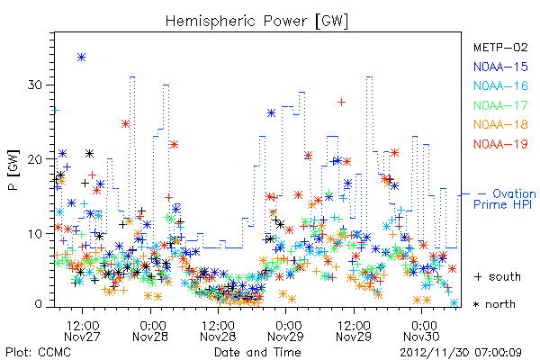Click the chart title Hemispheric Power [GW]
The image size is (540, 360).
point(256,22)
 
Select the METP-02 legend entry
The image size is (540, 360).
point(500,47)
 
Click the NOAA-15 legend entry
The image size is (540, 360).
point(500,67)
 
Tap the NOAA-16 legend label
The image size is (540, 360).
point(500,85)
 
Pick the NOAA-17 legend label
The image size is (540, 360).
point(500,105)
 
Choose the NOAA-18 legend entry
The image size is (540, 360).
point(500,124)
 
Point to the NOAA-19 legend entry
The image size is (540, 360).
point(500,144)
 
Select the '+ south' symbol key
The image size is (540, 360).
point(498,276)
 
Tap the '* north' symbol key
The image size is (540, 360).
point(494,304)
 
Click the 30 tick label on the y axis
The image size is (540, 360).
point(35,85)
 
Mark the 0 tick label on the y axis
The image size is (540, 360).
point(39,303)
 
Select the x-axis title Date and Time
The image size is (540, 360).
point(257,352)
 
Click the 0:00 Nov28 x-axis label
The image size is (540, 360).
point(150,331)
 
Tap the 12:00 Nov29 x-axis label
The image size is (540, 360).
point(354,331)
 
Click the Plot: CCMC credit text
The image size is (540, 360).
point(38,352)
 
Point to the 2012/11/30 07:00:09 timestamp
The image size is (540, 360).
point(461,353)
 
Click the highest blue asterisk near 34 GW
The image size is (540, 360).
point(81,58)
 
